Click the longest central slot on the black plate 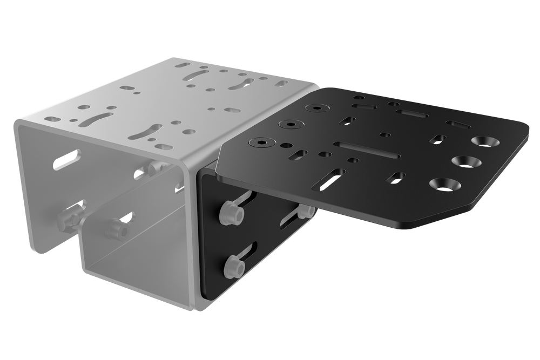coord(366,150)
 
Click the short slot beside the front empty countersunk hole coord(396,178)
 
